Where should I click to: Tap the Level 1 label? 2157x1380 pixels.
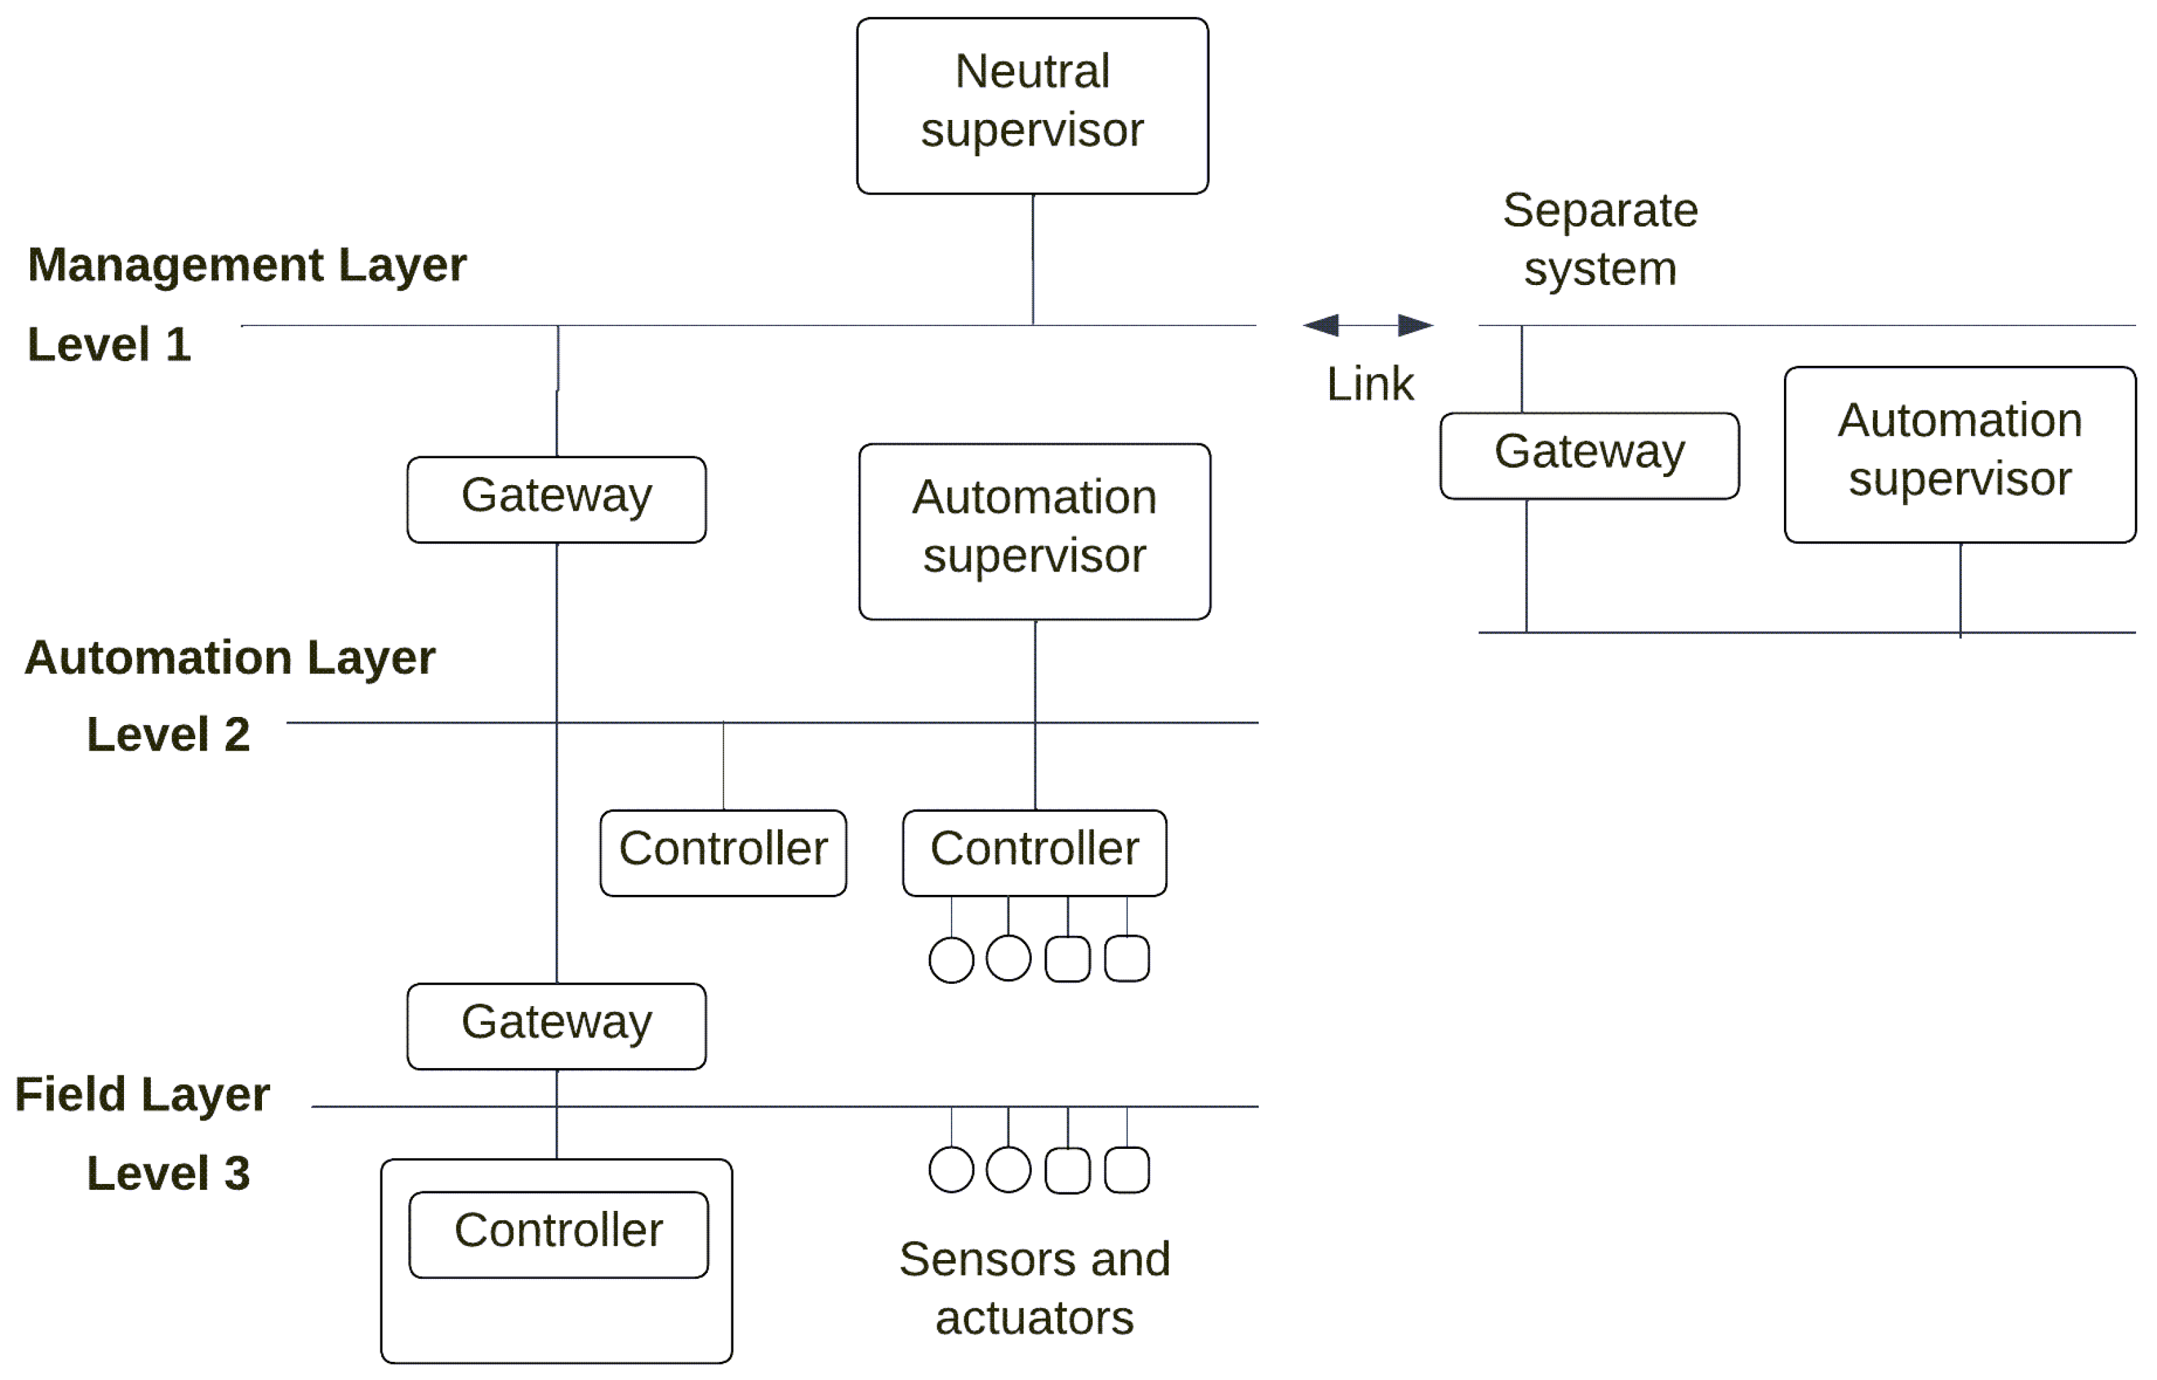[109, 344]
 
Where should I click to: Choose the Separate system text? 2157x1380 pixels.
[1600, 239]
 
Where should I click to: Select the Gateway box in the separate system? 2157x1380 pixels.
[1589, 456]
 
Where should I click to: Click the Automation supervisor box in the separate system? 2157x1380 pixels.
[1959, 453]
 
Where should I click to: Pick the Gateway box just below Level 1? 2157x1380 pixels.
[556, 499]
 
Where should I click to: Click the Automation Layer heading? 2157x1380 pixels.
[230, 657]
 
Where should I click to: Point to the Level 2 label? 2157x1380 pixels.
[168, 734]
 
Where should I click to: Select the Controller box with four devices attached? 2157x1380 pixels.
[1034, 852]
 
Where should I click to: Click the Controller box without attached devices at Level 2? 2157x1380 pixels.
[723, 852]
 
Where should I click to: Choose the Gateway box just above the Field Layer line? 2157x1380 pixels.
[556, 1025]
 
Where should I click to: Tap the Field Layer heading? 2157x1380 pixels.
[141, 1094]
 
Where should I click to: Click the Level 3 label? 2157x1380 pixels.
[168, 1173]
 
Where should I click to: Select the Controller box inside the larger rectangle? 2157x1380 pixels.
[558, 1234]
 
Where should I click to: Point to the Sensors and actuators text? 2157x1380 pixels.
[1034, 1288]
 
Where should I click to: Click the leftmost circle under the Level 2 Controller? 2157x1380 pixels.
[950, 960]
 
